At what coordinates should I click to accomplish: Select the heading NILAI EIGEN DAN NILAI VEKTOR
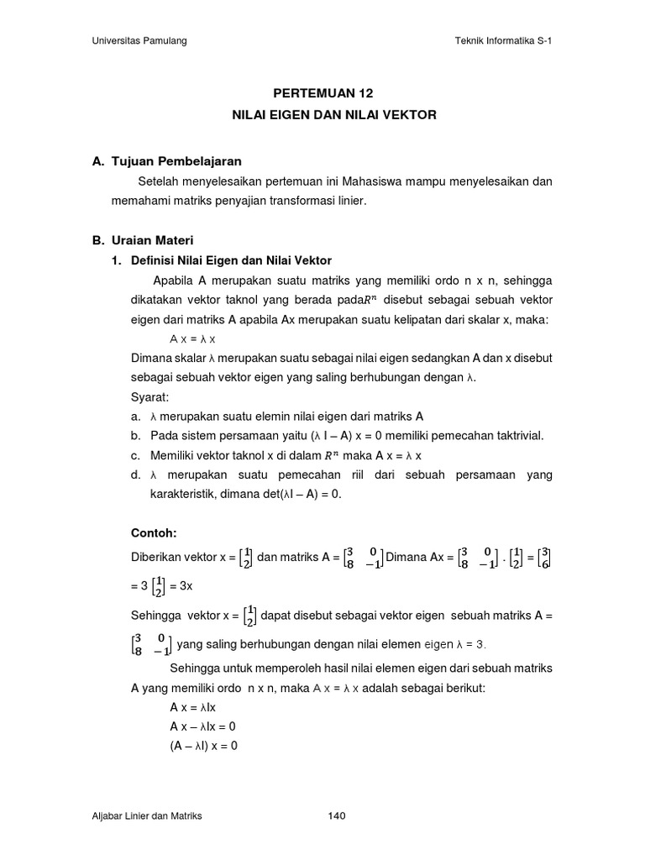pos(333,114)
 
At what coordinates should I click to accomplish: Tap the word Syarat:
pos(149,396)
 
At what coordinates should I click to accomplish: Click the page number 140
pos(337,815)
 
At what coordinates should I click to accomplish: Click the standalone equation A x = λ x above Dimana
pos(192,338)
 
